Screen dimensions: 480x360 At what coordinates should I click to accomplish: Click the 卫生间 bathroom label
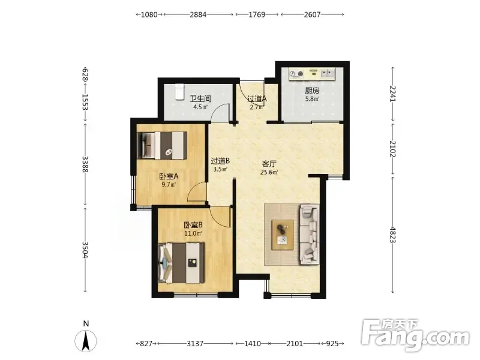click(x=200, y=98)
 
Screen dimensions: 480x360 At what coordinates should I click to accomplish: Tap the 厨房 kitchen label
click(x=312, y=91)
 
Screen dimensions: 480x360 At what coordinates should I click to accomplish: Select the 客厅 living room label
click(x=269, y=164)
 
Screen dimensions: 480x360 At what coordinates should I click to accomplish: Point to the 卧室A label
click(x=169, y=176)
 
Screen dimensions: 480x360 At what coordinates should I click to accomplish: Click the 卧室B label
click(x=193, y=226)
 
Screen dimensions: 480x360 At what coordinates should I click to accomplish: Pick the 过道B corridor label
click(x=220, y=161)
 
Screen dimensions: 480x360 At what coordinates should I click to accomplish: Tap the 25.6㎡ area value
click(x=269, y=172)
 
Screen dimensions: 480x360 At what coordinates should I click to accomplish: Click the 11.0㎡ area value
click(x=193, y=233)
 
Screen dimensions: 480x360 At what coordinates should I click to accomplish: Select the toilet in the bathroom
click(x=179, y=92)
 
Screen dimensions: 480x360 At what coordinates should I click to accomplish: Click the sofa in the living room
click(x=309, y=235)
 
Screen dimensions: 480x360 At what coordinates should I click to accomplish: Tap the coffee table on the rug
click(x=283, y=235)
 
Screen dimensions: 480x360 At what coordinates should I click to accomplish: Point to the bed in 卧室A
click(x=162, y=145)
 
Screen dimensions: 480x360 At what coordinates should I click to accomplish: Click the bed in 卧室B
click(x=181, y=263)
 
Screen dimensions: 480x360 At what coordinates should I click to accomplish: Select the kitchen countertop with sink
click(x=312, y=74)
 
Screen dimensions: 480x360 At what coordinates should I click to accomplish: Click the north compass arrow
click(x=86, y=340)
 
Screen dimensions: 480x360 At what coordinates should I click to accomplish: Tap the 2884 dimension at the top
click(x=198, y=14)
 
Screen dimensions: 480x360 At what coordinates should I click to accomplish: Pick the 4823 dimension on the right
click(x=393, y=235)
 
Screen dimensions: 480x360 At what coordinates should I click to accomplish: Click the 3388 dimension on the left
click(x=85, y=164)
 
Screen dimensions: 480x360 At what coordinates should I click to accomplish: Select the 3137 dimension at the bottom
click(x=195, y=343)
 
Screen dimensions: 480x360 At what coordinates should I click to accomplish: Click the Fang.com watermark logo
click(x=415, y=336)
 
